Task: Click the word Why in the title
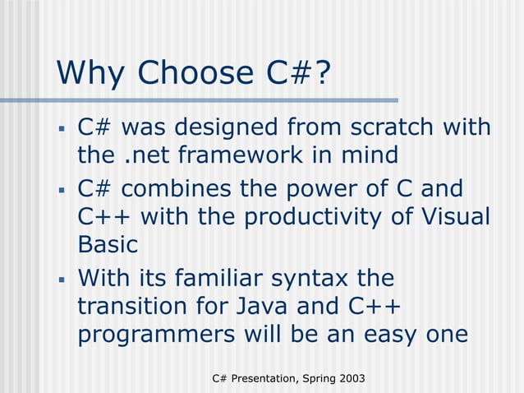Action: click(91, 73)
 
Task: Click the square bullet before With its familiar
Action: click(62, 279)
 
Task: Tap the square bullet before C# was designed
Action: click(62, 129)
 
